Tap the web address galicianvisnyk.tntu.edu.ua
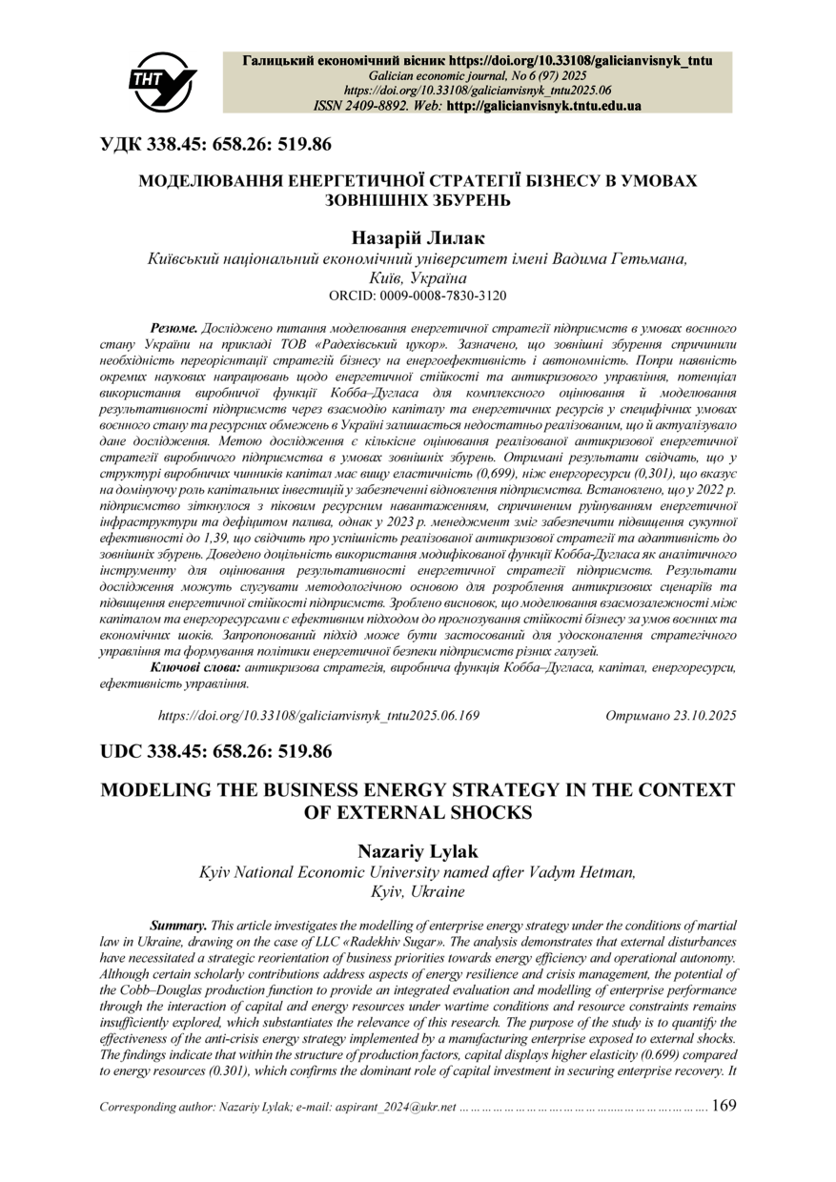[x=543, y=106]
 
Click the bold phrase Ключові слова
[x=196, y=668]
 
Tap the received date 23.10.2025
[x=700, y=714]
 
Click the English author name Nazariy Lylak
[x=418, y=850]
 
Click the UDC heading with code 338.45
[x=216, y=752]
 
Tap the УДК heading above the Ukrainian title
[x=216, y=145]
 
